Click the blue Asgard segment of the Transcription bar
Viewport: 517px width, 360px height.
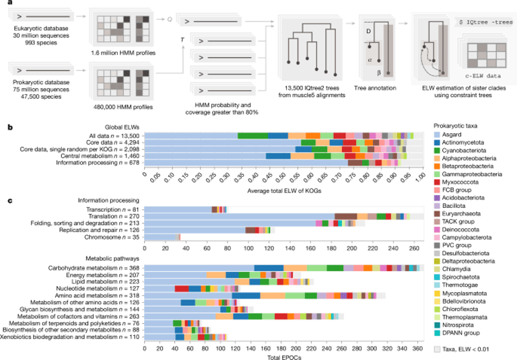click(x=178, y=209)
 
